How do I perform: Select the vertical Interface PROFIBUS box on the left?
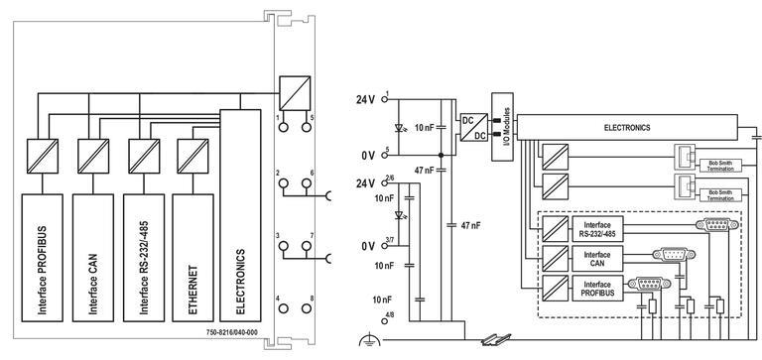[x=43, y=255]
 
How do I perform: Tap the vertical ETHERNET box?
[x=191, y=255]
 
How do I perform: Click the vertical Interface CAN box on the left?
[x=92, y=255]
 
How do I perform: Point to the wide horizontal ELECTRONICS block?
[x=627, y=128]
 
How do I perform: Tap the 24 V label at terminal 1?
[x=366, y=100]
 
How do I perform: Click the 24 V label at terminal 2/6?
[x=366, y=183]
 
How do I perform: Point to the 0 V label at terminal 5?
[x=367, y=156]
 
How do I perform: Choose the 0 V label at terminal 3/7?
[x=367, y=246]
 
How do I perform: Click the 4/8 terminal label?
[x=389, y=316]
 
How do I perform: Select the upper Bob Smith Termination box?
[x=719, y=162]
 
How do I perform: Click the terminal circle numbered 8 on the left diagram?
[x=310, y=309]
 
